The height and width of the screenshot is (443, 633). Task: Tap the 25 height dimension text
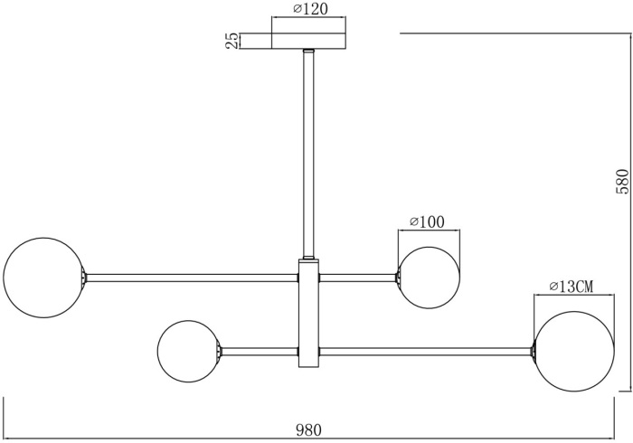tap(231, 40)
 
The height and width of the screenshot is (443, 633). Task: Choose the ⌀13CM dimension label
tap(571, 287)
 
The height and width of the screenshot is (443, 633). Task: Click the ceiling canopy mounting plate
tap(308, 40)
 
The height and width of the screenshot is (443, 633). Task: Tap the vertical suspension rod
tap(308, 154)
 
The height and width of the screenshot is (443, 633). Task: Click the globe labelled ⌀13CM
tap(572, 351)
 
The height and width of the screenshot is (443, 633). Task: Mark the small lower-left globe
tap(189, 351)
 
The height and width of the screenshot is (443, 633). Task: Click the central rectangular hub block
tap(308, 313)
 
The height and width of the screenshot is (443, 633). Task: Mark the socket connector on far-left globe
tap(85, 277)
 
